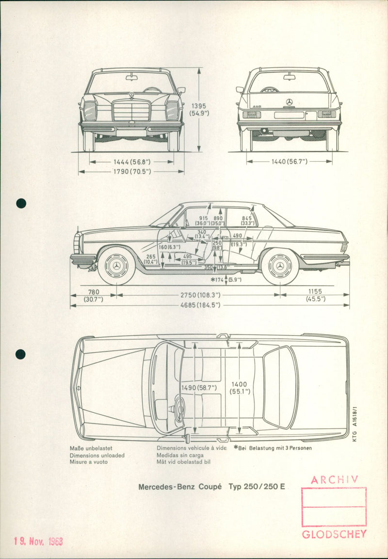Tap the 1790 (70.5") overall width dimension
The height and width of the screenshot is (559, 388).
click(130, 171)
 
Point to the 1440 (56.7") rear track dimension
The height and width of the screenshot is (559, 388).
click(289, 161)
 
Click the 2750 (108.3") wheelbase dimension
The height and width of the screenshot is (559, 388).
click(197, 295)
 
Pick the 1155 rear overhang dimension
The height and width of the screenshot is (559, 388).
click(315, 292)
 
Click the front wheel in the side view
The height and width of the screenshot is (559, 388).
click(116, 266)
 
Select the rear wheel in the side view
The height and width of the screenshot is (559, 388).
click(280, 266)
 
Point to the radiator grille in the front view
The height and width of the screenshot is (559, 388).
click(131, 111)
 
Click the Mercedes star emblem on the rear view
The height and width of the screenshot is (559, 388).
click(290, 102)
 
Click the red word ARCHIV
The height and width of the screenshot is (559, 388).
click(335, 480)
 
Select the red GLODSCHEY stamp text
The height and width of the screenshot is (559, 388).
click(334, 534)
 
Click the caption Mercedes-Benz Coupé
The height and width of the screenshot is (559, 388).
click(180, 487)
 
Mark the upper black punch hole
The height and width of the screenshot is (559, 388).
click(21, 203)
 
